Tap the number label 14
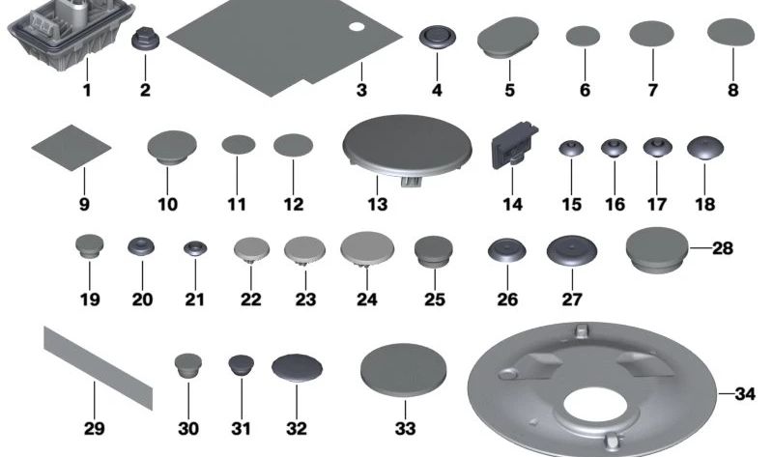[512, 205]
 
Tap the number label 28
[723, 248]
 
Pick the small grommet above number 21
[195, 249]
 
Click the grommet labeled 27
[564, 252]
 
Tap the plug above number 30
[187, 367]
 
